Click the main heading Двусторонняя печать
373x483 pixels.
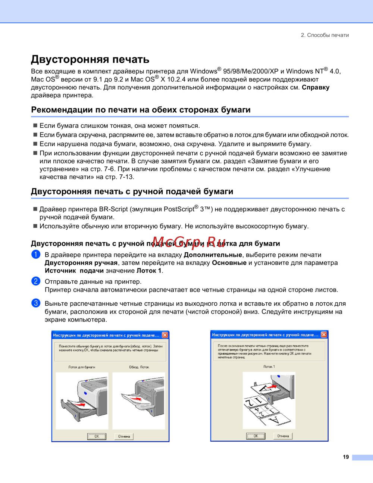(90, 59)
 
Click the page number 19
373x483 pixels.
(346, 457)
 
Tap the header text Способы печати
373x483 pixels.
(328, 35)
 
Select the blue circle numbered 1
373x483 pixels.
(36, 255)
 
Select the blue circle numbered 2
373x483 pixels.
(36, 281)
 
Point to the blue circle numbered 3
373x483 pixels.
(36, 303)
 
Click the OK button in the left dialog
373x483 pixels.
(97, 436)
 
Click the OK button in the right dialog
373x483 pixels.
(256, 436)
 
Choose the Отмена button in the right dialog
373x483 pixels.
(283, 436)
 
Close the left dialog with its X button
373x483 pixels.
(165, 335)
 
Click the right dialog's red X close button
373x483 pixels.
(324, 335)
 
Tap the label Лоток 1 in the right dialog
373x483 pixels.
(269, 367)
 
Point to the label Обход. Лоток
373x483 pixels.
(139, 367)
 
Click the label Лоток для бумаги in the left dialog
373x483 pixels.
(82, 367)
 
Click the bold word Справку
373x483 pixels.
(316, 87)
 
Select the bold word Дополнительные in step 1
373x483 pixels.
(213, 255)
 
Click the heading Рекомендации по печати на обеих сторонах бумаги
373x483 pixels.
(141, 110)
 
